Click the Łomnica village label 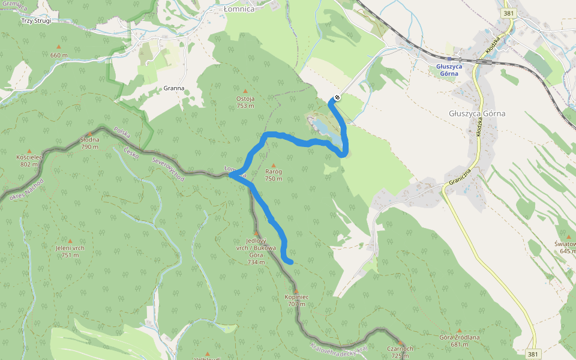238,9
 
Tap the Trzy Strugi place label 37,20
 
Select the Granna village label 174,88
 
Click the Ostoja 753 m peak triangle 245,92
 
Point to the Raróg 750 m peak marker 274,166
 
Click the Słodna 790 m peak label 89,143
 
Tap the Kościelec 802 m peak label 29,161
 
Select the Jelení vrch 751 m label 70,251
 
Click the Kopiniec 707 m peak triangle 296,290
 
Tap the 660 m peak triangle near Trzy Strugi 59,47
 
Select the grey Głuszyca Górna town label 477,113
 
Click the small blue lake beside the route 320,127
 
